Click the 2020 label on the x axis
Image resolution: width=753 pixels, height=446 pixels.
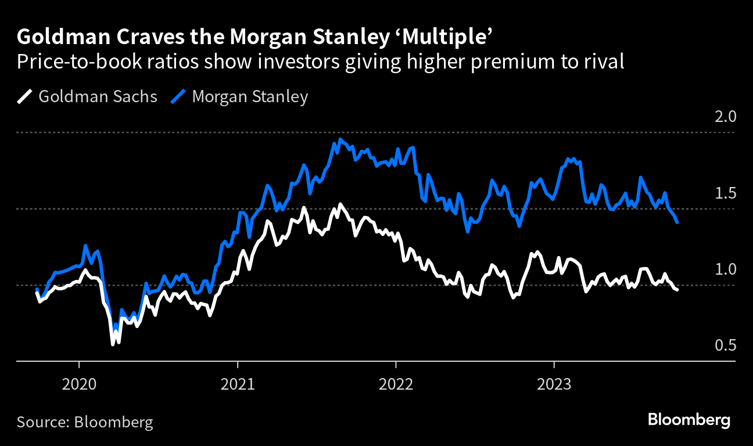point(79,384)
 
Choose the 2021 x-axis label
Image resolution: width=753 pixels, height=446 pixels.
point(237,384)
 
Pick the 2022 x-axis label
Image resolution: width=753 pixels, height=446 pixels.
point(396,384)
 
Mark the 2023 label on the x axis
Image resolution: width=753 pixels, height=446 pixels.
point(554,384)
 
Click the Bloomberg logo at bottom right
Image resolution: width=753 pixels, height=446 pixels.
point(689,420)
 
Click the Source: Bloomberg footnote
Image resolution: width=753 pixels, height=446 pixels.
point(85,422)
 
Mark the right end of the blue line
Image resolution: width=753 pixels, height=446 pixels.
point(677,222)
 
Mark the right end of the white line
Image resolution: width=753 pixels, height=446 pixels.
point(677,290)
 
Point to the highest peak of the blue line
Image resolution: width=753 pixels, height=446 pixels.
point(339,139)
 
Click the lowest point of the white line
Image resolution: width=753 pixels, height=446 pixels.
point(113,345)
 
